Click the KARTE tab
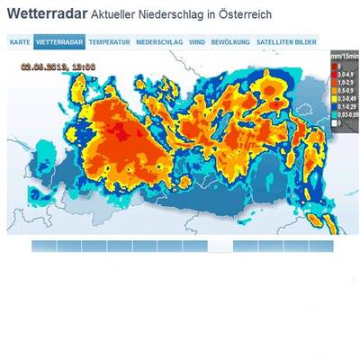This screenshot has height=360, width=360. pos(20,42)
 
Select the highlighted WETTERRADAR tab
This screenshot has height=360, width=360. pos(60,42)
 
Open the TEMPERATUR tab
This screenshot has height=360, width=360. pos(110,42)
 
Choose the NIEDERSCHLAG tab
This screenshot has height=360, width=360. pos(160,42)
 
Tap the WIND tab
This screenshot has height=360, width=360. pos(197,42)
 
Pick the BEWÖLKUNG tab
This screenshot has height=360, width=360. pos(230,42)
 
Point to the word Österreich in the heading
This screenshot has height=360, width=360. pos(246,17)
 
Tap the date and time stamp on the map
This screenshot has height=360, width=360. pos(58,66)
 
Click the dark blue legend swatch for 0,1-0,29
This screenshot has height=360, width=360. pos(333,107)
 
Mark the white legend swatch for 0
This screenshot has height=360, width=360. pos(333,123)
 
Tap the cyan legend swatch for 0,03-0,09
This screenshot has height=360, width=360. pos(333,115)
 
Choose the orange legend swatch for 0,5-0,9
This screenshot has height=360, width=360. pos(333,90)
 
